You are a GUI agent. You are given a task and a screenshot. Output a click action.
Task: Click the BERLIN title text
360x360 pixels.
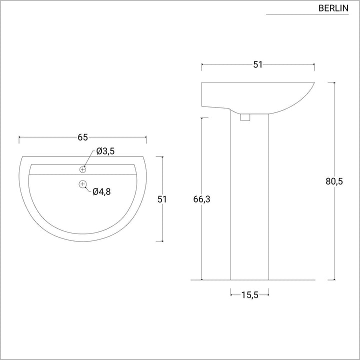[333, 8]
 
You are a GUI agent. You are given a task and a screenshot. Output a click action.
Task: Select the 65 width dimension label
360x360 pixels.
[82, 137]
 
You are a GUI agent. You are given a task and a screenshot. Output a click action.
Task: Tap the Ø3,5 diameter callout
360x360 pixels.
[105, 151]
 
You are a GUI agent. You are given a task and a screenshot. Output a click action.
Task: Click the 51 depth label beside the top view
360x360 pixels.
[162, 199]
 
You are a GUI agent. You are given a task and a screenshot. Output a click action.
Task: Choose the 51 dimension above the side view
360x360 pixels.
[257, 64]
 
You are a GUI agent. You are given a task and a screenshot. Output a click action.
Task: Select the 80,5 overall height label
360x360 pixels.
[334, 181]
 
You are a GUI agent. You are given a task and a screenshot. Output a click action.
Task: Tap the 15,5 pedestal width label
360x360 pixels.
[249, 295]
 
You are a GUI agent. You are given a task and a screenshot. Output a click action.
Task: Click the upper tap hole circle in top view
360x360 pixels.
[83, 170]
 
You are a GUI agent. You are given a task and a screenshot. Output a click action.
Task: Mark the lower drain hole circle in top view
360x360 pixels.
[82, 184]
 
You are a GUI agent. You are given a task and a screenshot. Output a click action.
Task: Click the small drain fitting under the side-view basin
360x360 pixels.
[245, 117]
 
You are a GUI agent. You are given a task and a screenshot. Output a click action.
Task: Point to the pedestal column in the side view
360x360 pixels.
[249, 200]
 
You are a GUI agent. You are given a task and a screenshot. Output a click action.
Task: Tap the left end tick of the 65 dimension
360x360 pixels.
[19, 137]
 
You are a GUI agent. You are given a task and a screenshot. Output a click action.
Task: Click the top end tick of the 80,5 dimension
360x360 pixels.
[334, 82]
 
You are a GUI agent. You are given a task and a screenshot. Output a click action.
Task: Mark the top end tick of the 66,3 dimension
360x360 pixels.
[201, 118]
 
